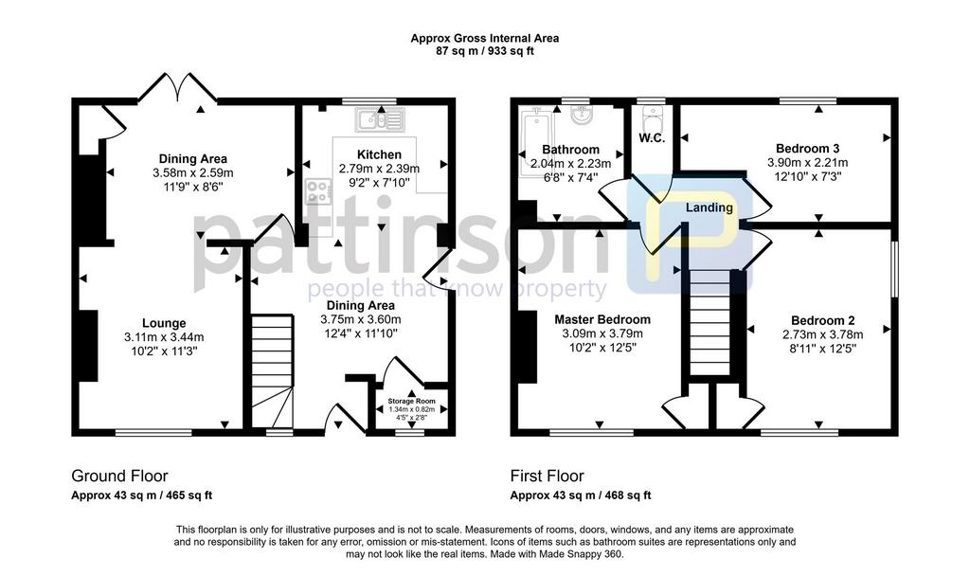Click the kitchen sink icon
380,118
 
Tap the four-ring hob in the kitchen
317,190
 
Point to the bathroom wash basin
582,115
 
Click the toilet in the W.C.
652,117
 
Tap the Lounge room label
164,323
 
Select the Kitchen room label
379,154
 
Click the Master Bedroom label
602,319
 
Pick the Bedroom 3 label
807,149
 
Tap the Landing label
709,207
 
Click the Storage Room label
411,402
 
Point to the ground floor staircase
272,370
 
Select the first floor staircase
710,322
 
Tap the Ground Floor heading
119,476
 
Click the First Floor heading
547,476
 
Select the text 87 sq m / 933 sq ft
485,51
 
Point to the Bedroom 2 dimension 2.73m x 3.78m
823,334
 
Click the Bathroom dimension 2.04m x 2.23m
570,164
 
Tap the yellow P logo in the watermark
690,234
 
